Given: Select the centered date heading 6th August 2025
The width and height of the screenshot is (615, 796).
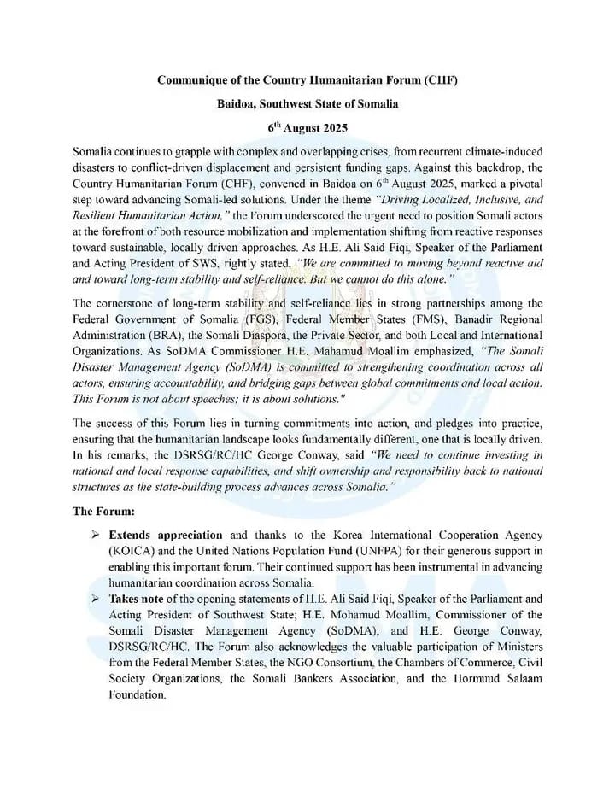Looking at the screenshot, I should [307, 126].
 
